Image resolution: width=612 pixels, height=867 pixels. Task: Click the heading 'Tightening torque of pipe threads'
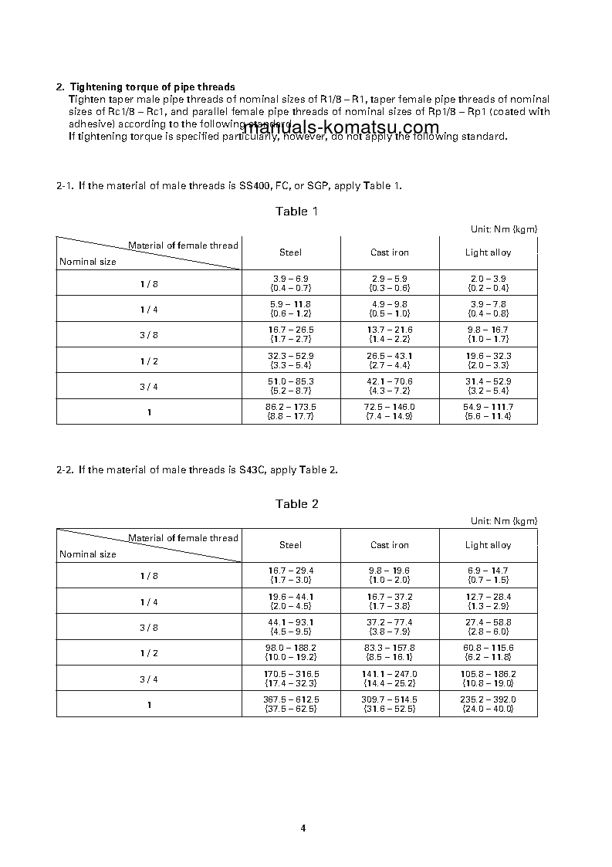[152, 87]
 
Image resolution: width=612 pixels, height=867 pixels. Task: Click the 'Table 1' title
[296, 212]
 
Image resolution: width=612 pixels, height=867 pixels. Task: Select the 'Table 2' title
[296, 504]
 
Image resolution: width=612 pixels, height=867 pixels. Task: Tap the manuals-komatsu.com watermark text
[340, 127]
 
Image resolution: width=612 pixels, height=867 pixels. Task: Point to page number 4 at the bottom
[303, 828]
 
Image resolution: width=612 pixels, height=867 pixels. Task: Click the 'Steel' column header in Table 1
[290, 252]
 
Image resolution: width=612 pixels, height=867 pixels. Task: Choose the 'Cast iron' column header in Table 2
[390, 545]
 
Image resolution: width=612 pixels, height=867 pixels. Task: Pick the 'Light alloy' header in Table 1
[488, 252]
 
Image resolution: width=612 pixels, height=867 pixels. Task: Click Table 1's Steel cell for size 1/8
[291, 283]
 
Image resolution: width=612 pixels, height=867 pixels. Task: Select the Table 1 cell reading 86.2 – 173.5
[291, 411]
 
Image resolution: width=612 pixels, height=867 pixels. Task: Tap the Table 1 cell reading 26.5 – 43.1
[390, 360]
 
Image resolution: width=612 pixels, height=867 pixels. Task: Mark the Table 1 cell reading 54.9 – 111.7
[488, 411]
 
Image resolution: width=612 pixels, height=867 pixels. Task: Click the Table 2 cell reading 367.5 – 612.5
[291, 704]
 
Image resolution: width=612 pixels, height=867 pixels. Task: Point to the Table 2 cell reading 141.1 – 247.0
[390, 679]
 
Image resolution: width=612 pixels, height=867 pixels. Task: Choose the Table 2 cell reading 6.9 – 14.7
[488, 575]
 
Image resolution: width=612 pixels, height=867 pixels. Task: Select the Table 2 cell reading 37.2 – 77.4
[390, 627]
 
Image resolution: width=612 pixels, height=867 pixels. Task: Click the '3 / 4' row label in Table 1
[149, 386]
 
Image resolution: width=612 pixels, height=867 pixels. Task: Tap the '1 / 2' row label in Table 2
[149, 653]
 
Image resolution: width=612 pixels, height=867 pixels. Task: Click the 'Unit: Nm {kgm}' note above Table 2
[504, 522]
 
